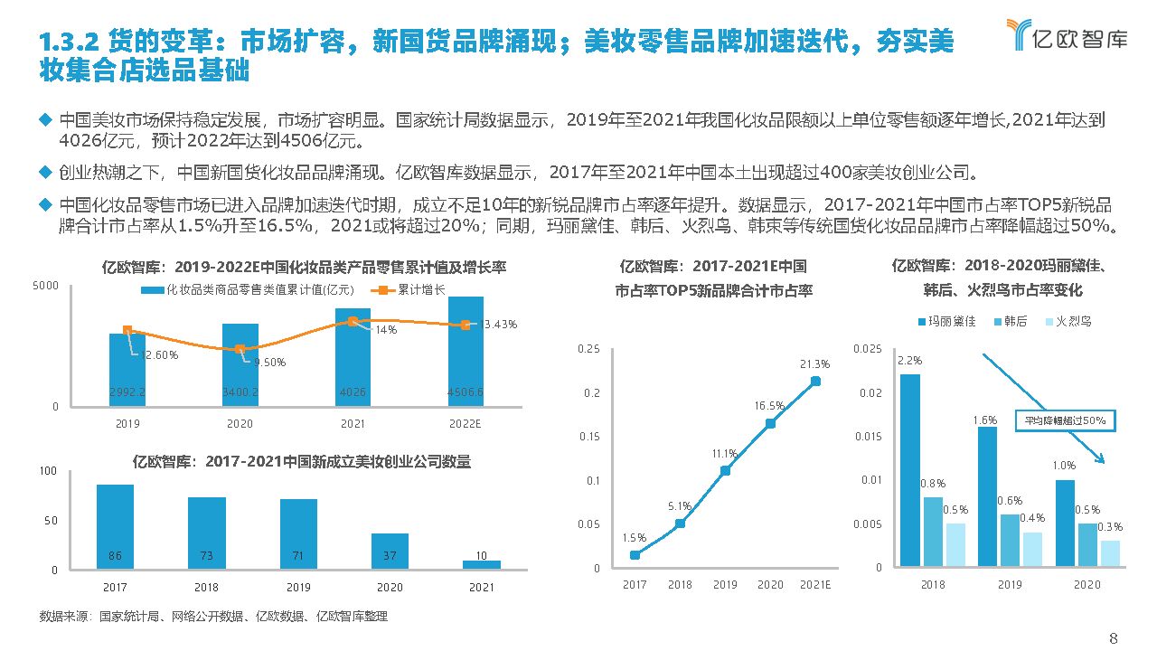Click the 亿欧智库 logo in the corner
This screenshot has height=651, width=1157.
pos(1066,34)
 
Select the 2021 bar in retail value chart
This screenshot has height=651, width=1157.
pos(353,357)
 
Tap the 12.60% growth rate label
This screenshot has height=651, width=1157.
pos(160,354)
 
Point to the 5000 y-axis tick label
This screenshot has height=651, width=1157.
pos(46,286)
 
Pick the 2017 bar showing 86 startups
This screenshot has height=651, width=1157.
pos(115,526)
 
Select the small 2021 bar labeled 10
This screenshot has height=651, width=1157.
pos(481,564)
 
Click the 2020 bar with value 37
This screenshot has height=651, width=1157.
pos(390,550)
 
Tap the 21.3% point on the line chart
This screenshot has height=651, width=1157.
pos(815,381)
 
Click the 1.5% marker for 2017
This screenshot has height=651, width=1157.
pos(635,554)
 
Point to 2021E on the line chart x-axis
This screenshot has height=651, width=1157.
pos(815,585)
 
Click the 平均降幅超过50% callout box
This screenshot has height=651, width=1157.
pos(1064,420)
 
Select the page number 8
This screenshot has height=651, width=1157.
pos(1114,638)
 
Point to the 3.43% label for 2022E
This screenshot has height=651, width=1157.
pos(500,324)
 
